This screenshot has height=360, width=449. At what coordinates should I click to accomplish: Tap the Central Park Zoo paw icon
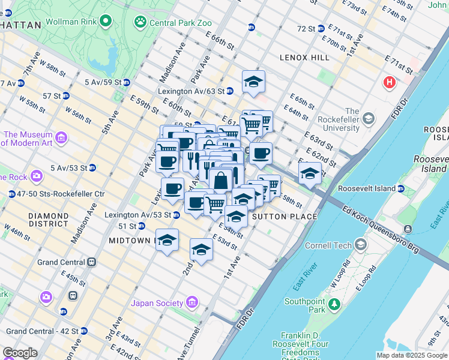(140, 22)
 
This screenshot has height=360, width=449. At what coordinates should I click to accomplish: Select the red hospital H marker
(390, 82)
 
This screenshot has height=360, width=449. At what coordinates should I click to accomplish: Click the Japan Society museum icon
(192, 302)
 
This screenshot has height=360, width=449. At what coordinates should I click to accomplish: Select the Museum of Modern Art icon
(61, 139)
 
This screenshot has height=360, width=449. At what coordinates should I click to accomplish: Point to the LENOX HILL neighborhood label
(304, 57)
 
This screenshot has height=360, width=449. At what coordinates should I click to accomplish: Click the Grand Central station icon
(92, 262)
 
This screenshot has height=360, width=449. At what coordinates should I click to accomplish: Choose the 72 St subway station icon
(321, 28)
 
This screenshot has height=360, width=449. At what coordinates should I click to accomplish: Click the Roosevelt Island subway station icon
(401, 188)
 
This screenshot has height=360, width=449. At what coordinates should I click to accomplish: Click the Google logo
(20, 353)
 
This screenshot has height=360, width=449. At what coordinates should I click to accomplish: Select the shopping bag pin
(221, 179)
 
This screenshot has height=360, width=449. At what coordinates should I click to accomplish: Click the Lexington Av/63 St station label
(191, 91)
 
